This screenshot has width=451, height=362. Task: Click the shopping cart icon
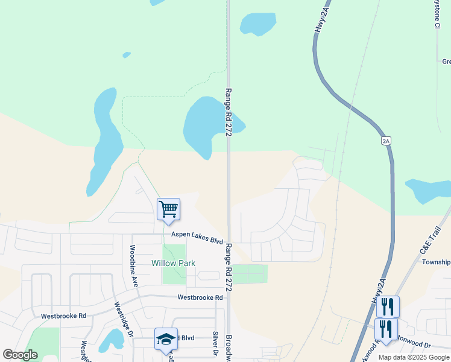[x=169, y=209]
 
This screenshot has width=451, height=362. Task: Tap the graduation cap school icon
[x=166, y=339]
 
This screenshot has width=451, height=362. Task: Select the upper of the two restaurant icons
[x=388, y=306]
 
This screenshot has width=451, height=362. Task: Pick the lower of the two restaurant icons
[x=386, y=329]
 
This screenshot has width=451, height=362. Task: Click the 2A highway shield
[x=386, y=141]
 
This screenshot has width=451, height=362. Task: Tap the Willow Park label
[x=172, y=263]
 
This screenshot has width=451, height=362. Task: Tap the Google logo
[x=20, y=355]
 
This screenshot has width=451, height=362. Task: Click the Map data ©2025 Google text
[x=413, y=357]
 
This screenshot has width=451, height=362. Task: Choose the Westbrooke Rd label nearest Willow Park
[x=200, y=297]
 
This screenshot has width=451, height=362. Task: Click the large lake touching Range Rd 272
[x=206, y=124]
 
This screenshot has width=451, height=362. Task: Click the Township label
[x=436, y=262]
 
